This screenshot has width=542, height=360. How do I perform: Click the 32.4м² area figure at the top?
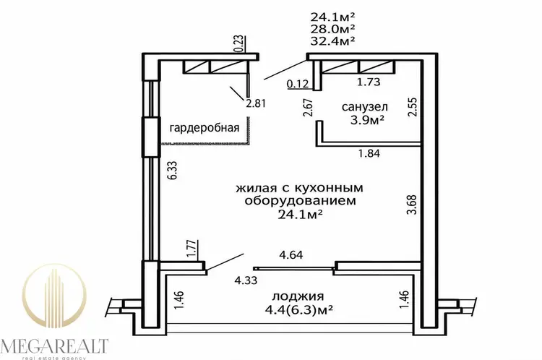click(332, 40)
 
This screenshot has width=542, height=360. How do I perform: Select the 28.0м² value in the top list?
click(332, 29)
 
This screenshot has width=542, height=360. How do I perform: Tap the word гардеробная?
click(205, 128)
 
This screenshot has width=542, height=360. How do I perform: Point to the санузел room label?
click(365, 107)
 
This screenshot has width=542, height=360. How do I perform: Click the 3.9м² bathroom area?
click(367, 120)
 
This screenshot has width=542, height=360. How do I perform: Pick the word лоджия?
click(298, 296)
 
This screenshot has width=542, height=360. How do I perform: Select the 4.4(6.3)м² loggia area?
click(298, 309)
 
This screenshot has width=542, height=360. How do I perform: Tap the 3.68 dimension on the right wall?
click(412, 205)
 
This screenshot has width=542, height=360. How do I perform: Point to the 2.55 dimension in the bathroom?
click(413, 107)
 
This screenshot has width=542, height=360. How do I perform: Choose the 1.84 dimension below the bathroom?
click(369, 153)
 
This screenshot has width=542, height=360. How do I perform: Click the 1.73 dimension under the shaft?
click(369, 82)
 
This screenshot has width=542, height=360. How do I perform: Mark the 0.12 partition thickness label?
click(298, 84)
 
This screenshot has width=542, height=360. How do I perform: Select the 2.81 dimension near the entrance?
click(255, 103)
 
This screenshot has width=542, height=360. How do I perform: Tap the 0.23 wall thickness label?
click(239, 44)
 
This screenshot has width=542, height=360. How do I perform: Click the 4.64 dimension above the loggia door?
click(291, 255)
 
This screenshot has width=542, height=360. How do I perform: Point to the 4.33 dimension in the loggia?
click(246, 280)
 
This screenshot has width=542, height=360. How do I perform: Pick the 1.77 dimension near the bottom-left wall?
click(192, 249)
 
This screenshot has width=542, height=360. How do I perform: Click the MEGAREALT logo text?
click(54, 346)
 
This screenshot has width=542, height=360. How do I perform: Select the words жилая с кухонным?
click(300, 188)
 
